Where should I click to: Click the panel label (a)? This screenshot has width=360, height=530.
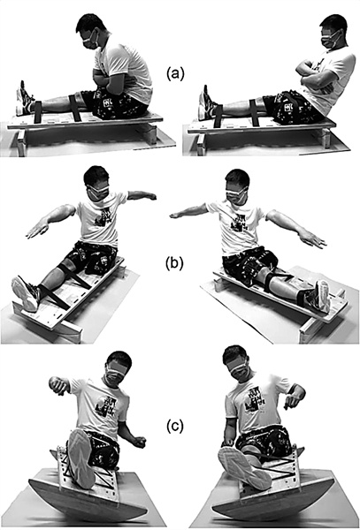175,73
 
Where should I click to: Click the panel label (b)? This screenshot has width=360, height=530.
174,263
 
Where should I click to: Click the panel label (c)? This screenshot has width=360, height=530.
175,427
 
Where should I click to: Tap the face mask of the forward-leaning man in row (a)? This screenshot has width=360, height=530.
90,41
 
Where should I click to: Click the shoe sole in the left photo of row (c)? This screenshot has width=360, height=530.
80,458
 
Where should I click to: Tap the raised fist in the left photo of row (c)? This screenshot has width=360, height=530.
58,385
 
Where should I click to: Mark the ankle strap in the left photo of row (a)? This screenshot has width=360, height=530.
37,112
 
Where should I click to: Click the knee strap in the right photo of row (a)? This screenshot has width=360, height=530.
254,112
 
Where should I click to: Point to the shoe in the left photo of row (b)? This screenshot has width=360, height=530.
26,293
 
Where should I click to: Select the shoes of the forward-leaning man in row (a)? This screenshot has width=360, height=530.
23,100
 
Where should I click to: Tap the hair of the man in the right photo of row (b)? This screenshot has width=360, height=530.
237,178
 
